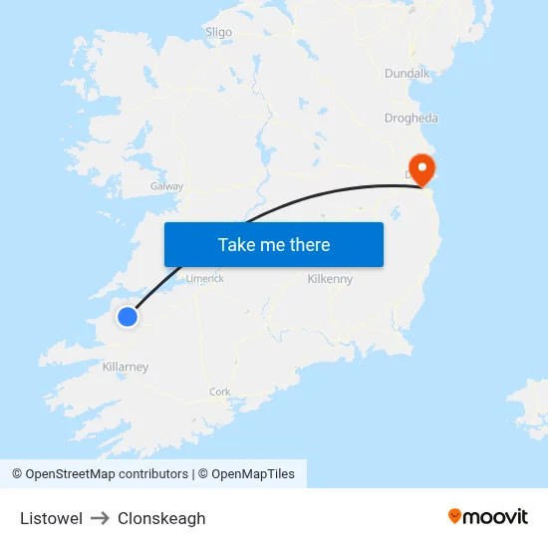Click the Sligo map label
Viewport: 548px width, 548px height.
[218, 32]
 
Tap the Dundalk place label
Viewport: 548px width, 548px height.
[407, 73]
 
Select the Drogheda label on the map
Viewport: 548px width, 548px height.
[411, 118]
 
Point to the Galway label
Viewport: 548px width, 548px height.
[166, 186]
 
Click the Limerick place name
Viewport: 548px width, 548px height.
[204, 279]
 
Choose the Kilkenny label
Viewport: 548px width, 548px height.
[330, 279]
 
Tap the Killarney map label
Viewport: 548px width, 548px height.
[126, 367]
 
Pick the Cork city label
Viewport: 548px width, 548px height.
[220, 392]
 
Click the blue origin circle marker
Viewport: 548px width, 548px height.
[128, 317]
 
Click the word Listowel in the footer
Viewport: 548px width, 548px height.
[51, 518]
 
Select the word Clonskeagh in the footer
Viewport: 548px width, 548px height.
[161, 518]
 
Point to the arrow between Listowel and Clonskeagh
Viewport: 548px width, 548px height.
[100, 518]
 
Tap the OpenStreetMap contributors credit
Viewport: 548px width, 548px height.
[100, 474]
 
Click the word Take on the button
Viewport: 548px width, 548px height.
[235, 245]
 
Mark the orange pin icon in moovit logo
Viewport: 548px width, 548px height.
[455, 516]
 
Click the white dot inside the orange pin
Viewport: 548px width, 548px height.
[422, 163]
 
